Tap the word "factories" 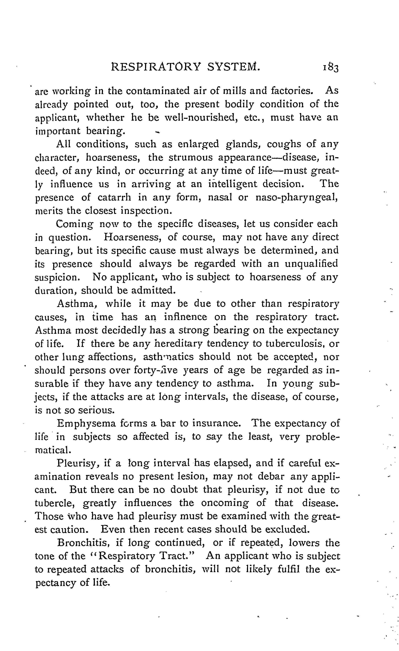coord(292,91)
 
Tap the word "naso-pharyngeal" coord(297,198)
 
